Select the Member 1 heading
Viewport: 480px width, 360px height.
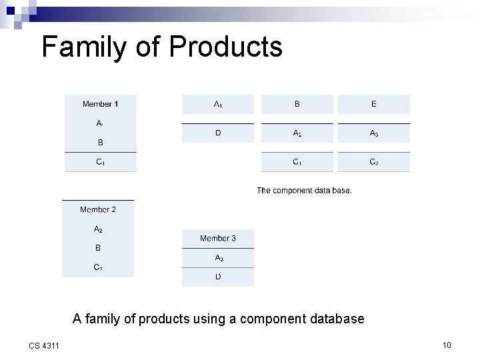100,104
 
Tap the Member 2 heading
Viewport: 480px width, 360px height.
98,210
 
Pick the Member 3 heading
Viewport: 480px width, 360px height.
218,239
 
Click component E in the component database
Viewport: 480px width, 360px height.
373,104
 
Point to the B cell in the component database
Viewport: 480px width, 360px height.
297,104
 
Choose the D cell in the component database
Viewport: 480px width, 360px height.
218,133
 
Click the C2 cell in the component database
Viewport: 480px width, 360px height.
373,162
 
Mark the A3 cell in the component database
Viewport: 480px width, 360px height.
373,133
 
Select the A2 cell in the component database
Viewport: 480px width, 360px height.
297,133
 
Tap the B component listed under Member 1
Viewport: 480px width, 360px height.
100,142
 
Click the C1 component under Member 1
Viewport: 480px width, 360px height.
100,162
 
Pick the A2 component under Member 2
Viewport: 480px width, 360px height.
98,229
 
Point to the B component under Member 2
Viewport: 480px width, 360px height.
98,248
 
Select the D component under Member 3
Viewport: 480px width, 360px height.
218,277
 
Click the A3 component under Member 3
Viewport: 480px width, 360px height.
218,258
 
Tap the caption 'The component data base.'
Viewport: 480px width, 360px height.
304,191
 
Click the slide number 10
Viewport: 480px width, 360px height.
447,345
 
